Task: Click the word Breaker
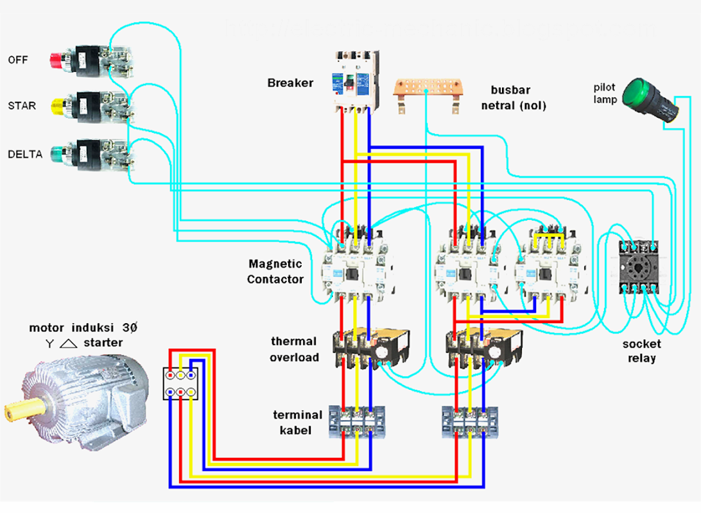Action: pyautogui.click(x=290, y=83)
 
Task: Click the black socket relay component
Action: pyautogui.click(x=637, y=267)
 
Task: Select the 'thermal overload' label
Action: pyautogui.click(x=294, y=349)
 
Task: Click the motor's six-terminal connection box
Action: pyautogui.click(x=181, y=383)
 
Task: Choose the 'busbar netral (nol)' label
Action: pyautogui.click(x=514, y=97)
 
